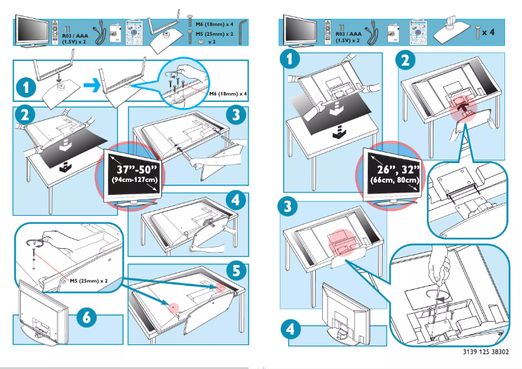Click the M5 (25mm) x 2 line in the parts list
[214, 32]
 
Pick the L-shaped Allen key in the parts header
[243, 31]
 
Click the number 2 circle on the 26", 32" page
[405, 60]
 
